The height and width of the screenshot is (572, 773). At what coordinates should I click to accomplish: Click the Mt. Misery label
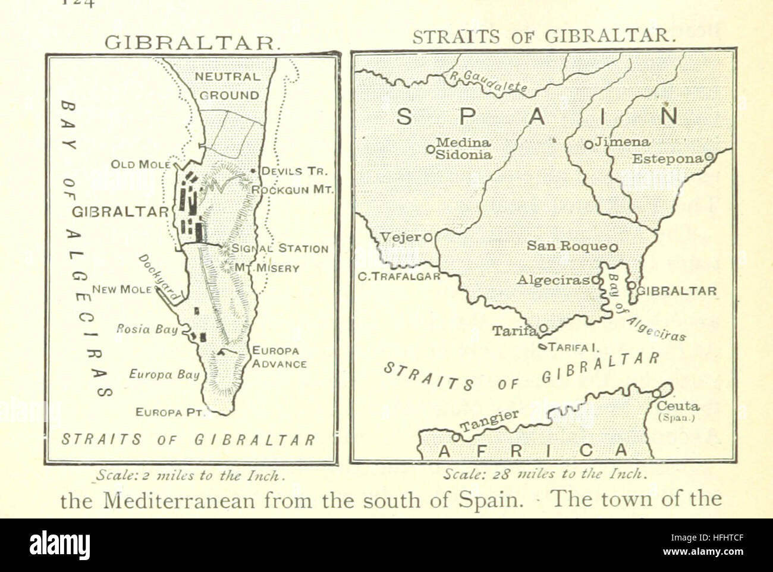[x=266, y=268]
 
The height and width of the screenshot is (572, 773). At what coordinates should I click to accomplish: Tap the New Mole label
[x=122, y=290]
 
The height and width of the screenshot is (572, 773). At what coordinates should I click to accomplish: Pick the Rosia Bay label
[x=147, y=329]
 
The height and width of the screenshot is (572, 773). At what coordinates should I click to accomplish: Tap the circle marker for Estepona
[x=709, y=158]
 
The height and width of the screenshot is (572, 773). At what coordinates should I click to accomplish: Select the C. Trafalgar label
[x=399, y=276]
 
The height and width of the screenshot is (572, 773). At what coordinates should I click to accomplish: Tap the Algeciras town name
[x=552, y=279]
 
